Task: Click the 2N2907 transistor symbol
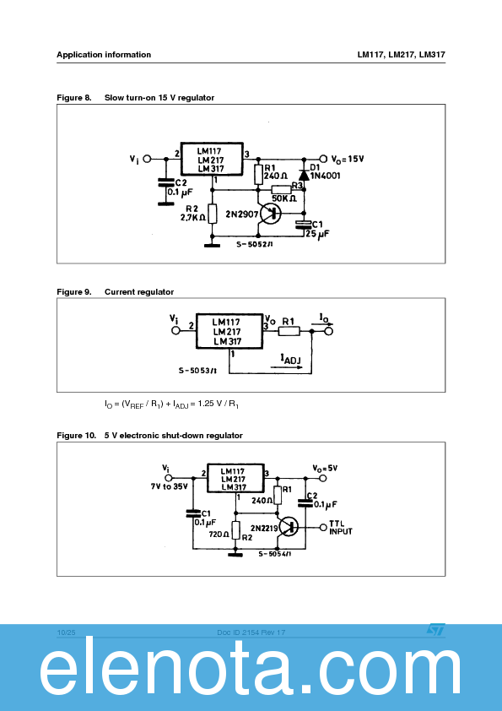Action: click(x=271, y=213)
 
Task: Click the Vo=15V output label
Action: click(x=347, y=159)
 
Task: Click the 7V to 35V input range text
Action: click(x=169, y=487)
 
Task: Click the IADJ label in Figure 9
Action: click(x=290, y=360)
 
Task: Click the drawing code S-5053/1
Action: click(x=197, y=370)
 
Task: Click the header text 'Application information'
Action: click(x=104, y=55)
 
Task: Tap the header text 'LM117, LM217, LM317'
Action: click(x=401, y=55)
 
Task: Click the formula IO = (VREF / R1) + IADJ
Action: click(x=172, y=405)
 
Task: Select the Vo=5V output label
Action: click(x=325, y=468)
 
